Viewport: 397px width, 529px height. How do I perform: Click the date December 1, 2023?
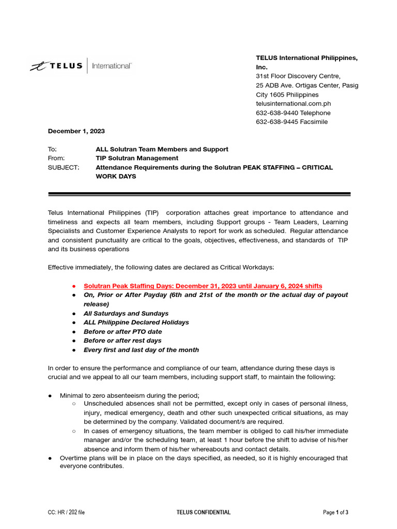[x=77, y=131]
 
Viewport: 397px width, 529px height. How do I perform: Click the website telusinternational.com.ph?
[x=293, y=104]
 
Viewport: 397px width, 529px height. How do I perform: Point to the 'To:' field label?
[x=52, y=149]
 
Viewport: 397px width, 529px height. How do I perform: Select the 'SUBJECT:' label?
[x=64, y=167]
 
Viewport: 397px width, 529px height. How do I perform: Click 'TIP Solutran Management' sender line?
[x=137, y=158]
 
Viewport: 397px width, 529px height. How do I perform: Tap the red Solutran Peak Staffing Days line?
[x=203, y=286]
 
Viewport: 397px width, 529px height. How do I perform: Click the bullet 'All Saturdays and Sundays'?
[x=126, y=314]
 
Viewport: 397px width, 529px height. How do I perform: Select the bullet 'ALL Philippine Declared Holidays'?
[x=136, y=322]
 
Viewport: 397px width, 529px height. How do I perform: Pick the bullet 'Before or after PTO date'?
[x=123, y=332]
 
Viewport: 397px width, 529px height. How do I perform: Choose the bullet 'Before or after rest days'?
[x=123, y=340]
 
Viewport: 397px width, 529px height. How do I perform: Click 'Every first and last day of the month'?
[x=141, y=350]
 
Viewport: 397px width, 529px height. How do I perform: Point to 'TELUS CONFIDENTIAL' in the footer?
[x=203, y=512]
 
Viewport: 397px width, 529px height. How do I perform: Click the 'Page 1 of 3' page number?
[x=335, y=512]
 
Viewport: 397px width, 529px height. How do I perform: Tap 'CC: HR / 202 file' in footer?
[x=66, y=512]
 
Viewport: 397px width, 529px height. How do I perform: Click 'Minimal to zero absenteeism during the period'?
[x=130, y=395]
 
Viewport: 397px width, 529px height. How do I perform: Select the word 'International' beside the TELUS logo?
[x=112, y=66]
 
